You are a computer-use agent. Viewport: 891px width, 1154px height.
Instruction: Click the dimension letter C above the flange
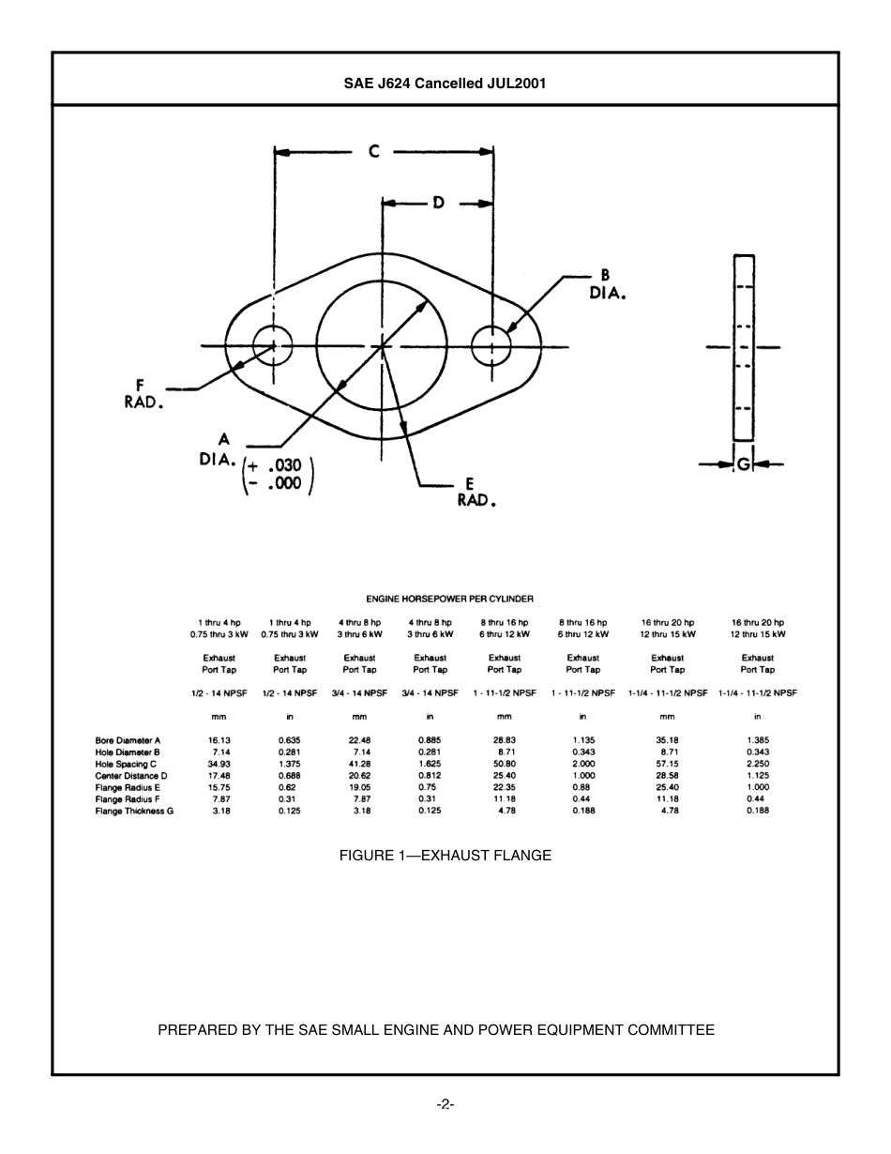tap(373, 151)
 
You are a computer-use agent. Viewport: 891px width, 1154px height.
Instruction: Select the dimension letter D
tap(438, 203)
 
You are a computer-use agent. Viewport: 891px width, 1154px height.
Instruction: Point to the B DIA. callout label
tap(607, 283)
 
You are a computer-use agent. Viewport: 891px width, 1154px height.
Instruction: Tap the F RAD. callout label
tap(143, 393)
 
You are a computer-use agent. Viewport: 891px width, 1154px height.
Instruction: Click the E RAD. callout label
tap(476, 493)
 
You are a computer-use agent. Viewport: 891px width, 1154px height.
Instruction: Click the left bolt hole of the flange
tap(273, 345)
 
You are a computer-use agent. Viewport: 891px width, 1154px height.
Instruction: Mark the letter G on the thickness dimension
tap(743, 463)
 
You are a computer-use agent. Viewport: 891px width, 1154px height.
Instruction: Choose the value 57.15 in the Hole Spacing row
tap(667, 764)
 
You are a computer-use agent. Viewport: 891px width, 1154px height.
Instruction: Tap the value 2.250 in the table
tap(758, 764)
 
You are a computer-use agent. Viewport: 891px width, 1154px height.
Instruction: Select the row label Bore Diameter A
tap(128, 740)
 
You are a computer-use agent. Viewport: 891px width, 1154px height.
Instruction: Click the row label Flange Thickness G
tap(134, 811)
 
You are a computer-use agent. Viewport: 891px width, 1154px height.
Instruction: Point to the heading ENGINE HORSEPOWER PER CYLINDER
tap(449, 599)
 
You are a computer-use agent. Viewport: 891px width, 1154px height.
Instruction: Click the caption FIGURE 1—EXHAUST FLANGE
tap(445, 855)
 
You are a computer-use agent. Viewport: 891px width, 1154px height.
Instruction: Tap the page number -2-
tap(445, 1104)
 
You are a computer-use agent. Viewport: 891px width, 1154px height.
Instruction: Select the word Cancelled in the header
tap(448, 83)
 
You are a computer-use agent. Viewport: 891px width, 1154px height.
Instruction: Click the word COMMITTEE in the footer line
tap(671, 1029)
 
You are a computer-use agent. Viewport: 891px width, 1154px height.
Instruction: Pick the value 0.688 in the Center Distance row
tap(289, 776)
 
